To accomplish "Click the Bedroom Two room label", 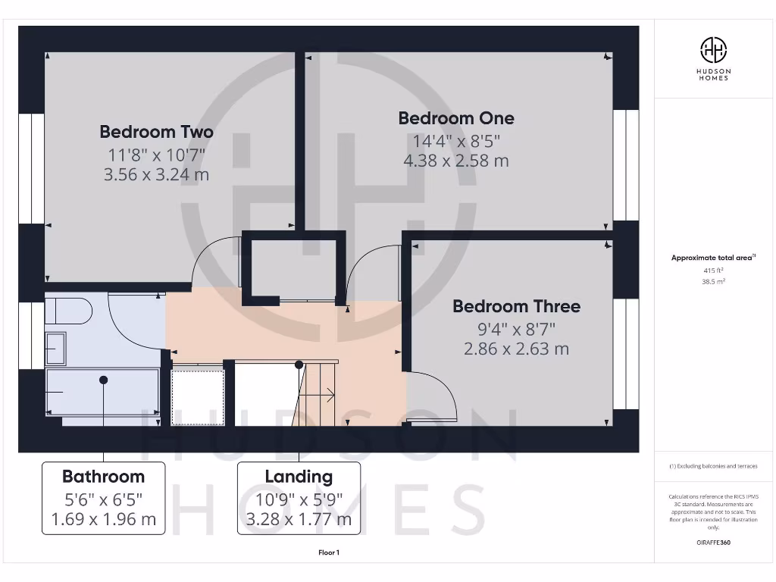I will coord(157,132).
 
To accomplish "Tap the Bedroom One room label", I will coord(456,118).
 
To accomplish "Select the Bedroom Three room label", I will coord(517,306).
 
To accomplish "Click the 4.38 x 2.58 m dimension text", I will coord(456,161).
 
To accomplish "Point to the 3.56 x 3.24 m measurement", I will coord(157,174).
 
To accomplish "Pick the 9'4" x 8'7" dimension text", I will coord(516,329).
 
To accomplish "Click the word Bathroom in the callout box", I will coord(103,477).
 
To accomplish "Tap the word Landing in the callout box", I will coord(299,477).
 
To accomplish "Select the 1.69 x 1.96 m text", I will coord(103,519).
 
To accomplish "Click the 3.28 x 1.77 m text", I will coord(299,519).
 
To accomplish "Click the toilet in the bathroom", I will coord(68,311).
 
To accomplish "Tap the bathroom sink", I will coord(55,349).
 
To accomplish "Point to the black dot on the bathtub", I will coord(103,379).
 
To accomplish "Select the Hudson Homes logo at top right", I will coord(713,50).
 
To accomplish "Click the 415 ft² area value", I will coord(713,270).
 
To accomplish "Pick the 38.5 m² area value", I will coord(713,280).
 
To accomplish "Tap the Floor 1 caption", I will coord(329,552).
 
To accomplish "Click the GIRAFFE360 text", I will coord(713,543).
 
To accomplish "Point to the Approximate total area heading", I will coord(713,258).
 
